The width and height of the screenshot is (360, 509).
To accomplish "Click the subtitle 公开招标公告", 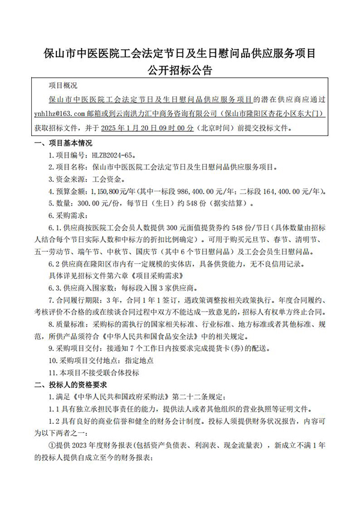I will (180, 70).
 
